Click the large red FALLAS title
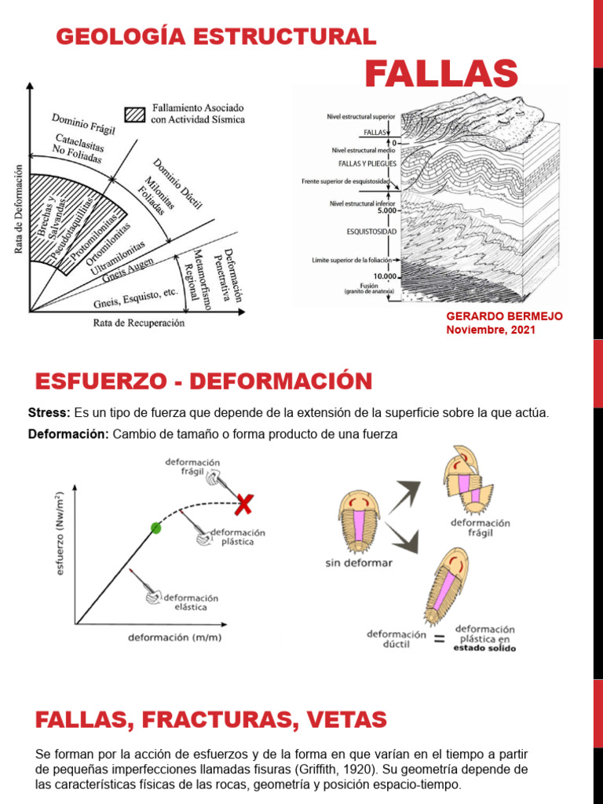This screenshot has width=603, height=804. click(x=441, y=74)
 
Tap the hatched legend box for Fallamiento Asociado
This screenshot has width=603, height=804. click(x=137, y=114)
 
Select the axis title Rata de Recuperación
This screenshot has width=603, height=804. click(x=139, y=322)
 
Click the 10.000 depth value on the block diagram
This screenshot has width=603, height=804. click(x=386, y=276)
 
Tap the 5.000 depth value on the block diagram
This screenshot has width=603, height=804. click(x=386, y=210)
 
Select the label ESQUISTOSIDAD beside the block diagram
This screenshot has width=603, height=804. click(x=372, y=232)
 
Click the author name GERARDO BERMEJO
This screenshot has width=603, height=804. click(x=504, y=316)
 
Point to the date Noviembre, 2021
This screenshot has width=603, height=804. click(x=491, y=330)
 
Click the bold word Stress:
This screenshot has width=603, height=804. click(x=49, y=413)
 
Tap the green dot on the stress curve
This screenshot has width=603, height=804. click(x=155, y=528)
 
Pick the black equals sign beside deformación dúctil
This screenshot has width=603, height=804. click(x=438, y=639)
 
